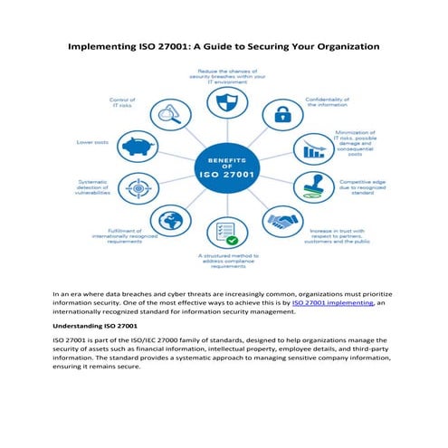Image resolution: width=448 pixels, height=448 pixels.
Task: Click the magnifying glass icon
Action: click(x=166, y=113)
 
